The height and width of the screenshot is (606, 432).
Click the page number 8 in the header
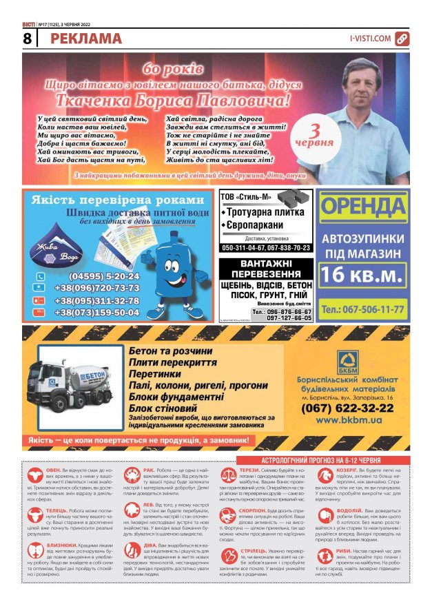pyautogui.click(x=26, y=39)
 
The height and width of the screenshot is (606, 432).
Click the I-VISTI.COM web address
pyautogui.click(x=370, y=39)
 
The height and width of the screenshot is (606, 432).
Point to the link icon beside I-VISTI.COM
pyautogui.click(x=402, y=39)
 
